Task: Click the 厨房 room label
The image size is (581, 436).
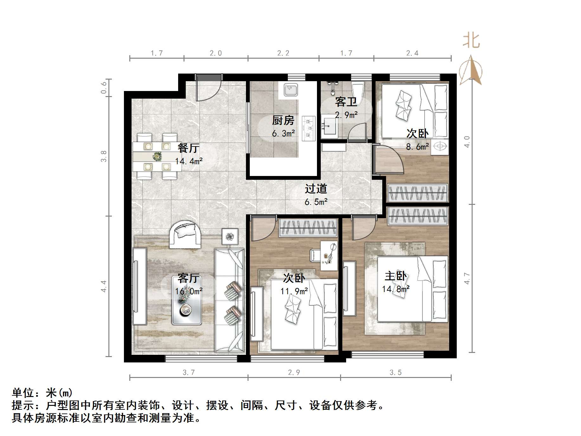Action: [283, 120]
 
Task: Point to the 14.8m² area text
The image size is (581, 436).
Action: [396, 289]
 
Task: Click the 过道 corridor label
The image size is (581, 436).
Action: [316, 189]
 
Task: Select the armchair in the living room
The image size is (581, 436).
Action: [185, 235]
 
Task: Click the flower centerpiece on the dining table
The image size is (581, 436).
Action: [157, 156]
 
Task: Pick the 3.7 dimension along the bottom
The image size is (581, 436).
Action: [189, 373]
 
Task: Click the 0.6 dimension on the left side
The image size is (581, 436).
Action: [104, 88]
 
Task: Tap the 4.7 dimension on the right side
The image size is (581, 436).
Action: [467, 278]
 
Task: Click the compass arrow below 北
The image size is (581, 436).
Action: [471, 71]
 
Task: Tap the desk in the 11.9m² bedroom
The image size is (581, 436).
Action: [329, 256]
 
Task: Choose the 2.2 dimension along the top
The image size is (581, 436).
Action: [283, 53]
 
